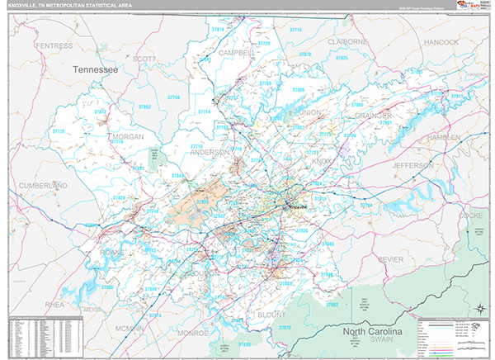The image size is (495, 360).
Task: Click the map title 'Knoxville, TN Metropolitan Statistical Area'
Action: pos(70,7)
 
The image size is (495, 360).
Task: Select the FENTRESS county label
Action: pos(55,45)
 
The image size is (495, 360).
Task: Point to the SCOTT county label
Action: pos(144,59)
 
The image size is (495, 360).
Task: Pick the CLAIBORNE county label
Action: pos(345,41)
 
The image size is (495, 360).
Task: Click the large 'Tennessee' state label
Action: pos(96,71)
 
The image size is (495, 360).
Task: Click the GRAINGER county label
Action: pos(374,116)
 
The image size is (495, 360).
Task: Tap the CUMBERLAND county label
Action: pos(43,186)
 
